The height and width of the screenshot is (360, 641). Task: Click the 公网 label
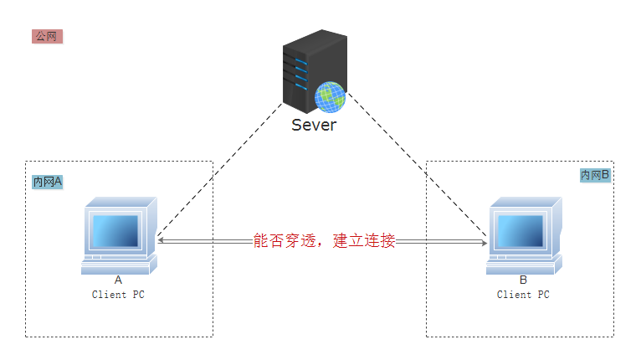(48, 37)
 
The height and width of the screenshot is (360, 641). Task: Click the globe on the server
(330, 97)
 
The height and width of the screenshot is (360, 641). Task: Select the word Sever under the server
(313, 126)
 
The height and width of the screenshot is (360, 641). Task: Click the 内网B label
(595, 175)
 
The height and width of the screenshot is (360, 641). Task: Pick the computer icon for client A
(119, 235)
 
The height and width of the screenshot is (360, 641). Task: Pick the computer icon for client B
(524, 235)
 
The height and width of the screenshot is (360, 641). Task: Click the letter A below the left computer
(118, 280)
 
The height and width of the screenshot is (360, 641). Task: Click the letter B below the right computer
(523, 280)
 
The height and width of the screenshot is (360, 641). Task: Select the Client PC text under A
(118, 295)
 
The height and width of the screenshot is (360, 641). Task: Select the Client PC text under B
(523, 295)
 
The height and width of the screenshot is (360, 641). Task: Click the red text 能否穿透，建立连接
(324, 241)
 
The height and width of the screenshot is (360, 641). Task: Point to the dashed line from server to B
(418, 167)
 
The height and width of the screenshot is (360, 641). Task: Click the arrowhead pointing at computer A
(162, 241)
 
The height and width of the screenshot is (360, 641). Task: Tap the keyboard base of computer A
(118, 266)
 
